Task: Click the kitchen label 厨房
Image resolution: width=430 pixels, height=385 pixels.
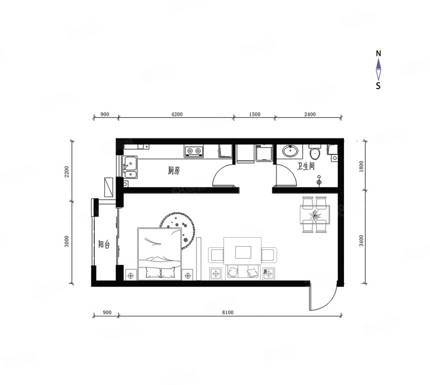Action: (173, 171)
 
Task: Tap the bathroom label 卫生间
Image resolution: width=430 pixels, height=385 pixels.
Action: (306, 166)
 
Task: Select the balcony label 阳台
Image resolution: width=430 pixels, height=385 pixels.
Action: (104, 244)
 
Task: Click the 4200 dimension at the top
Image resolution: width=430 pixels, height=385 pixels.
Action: (177, 114)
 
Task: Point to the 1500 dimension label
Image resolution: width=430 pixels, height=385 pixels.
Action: (255, 114)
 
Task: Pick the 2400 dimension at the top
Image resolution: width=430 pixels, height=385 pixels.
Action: (310, 114)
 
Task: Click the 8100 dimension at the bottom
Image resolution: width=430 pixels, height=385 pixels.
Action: (228, 312)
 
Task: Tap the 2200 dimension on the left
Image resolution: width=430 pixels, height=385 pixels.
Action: (67, 172)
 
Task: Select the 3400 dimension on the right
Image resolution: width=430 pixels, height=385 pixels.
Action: (361, 240)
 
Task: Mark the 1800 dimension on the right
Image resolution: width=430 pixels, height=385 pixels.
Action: (361, 166)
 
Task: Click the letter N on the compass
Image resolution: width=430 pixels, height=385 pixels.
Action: (378, 53)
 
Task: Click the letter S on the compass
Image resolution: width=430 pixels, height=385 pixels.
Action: (378, 86)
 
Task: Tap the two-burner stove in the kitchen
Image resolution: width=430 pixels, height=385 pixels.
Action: (194, 151)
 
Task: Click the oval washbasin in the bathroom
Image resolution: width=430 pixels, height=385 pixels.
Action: (290, 151)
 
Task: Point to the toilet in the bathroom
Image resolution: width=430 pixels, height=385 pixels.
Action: (315, 153)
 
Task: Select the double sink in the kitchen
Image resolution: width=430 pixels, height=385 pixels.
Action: (130, 167)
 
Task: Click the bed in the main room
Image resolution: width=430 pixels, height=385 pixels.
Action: (159, 253)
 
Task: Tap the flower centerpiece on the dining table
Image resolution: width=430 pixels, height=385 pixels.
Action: (314, 215)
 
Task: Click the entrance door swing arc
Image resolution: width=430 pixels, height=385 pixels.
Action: (328, 303)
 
